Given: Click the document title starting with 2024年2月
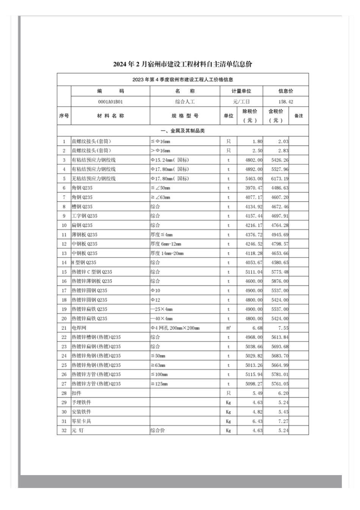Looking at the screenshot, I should pos(182,64).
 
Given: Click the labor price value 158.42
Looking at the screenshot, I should pos(285,102).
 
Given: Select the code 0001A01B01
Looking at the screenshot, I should pos(110,102).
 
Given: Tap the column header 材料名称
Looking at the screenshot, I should pos(110,116).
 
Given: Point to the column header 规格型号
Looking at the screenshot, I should pos(185,116).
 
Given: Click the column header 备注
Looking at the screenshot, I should pos(299,116).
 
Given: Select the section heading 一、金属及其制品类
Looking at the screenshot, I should pos(183,131).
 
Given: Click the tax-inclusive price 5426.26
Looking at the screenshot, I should pos(280,160).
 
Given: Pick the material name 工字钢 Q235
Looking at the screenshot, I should pos(85,216).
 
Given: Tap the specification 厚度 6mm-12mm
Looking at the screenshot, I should pos(166,244).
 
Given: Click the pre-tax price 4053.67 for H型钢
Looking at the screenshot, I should pos(254,262).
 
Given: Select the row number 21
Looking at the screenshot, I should pos(64,328).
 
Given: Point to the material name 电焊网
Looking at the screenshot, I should pos(79,328).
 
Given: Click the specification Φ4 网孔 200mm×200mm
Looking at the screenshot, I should pos(175,328).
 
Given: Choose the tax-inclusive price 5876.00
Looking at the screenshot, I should pos(280,281).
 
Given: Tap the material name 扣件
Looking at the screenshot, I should pos(77,393).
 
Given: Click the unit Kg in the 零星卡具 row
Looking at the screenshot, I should pos(229,421).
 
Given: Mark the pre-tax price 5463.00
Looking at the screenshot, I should pos(254,179).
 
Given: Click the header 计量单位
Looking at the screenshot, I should pos(241,91).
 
